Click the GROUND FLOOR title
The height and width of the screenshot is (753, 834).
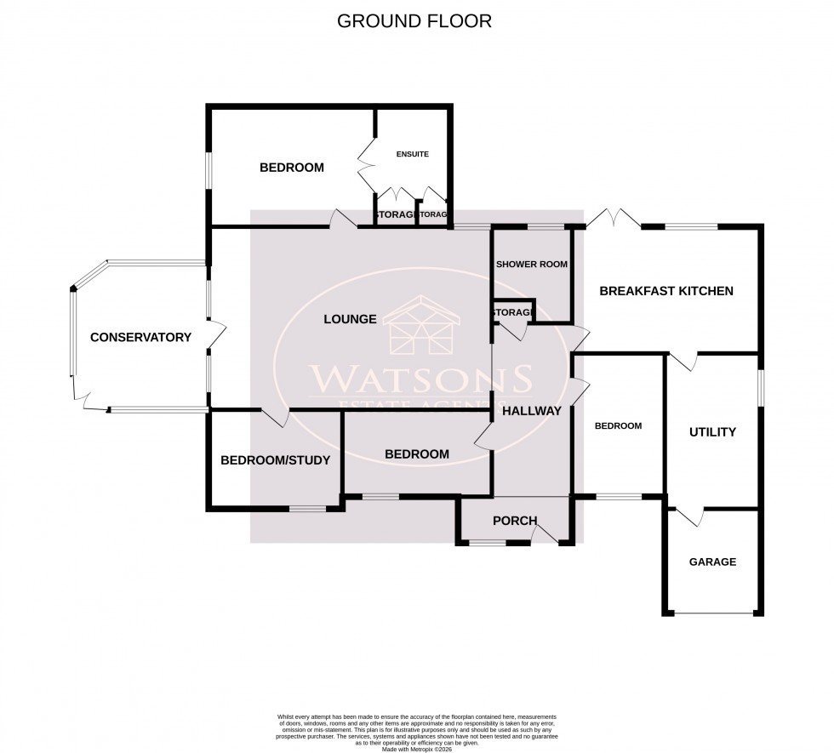[x=414, y=21]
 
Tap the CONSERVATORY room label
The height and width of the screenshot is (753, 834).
[x=140, y=338]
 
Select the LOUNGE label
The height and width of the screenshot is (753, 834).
[x=350, y=320]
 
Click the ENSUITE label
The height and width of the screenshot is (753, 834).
[x=412, y=154]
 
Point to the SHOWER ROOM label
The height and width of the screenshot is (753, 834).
[x=532, y=265]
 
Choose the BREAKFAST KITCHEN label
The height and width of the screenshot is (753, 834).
[x=665, y=291]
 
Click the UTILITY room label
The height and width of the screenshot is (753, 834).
[x=712, y=432]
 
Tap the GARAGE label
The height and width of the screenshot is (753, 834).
[x=712, y=562]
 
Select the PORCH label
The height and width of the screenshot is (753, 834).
[x=515, y=522]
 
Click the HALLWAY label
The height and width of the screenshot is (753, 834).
[x=532, y=411]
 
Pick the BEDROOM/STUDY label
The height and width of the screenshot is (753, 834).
[x=275, y=460]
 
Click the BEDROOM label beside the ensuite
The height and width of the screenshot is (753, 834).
[x=291, y=168]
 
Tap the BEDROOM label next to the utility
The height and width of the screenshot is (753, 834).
[x=618, y=426]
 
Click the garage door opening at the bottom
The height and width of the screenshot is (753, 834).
[x=712, y=613]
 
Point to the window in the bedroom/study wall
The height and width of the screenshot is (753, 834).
[x=307, y=509]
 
